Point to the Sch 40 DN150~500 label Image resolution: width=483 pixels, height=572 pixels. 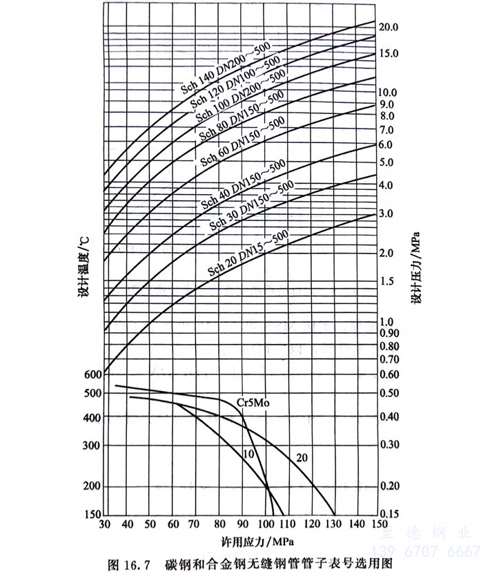coord(244,184)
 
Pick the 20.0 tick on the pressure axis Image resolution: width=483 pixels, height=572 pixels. coord(389,28)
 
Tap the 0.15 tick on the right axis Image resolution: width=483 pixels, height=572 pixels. coord(391,513)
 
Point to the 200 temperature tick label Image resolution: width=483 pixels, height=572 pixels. coord(92,486)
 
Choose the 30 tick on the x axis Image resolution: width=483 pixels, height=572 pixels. coord(105,525)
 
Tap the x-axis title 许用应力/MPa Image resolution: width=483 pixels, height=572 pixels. coord(241,540)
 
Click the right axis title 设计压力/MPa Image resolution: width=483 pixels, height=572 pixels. coord(415,270)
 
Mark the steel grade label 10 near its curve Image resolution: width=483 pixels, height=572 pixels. coord(249,453)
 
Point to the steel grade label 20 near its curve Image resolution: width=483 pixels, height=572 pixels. coord(302,457)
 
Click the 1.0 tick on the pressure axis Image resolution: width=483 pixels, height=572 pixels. coord(387,321)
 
